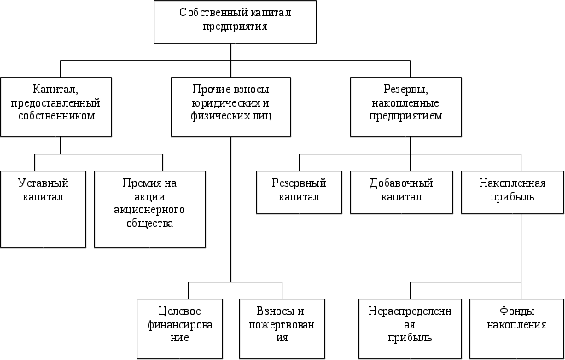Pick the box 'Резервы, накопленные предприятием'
(405, 107)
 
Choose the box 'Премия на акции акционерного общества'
(149, 209)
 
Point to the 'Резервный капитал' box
(295, 192)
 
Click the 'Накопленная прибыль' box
(509, 192)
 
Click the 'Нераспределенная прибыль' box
(411, 328)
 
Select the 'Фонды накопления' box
(517, 328)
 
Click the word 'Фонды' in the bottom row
(517, 311)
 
